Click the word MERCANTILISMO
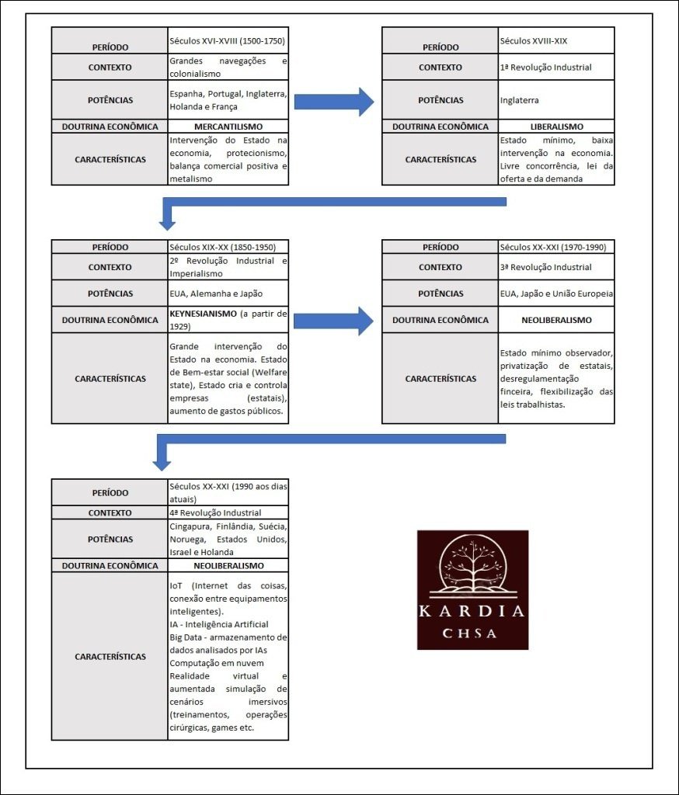click(228, 127)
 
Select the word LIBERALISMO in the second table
click(555, 127)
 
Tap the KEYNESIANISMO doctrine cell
click(228, 319)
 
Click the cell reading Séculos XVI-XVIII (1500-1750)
click(228, 40)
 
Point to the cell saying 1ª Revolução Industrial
click(555, 67)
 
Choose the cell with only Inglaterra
click(555, 100)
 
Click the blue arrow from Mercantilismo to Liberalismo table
click(333, 99)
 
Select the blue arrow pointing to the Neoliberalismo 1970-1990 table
click(333, 319)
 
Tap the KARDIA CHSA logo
click(472, 589)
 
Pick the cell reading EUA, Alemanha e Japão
click(228, 293)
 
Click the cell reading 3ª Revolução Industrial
click(555, 267)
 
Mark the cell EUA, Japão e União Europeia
click(555, 293)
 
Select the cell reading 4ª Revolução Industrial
click(228, 512)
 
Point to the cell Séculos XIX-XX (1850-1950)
click(228, 247)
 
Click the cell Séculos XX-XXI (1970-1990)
click(555, 247)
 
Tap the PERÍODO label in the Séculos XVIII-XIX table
click(440, 47)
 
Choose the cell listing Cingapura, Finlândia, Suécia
click(228, 539)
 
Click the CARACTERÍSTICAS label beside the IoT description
click(110, 657)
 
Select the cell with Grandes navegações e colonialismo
click(228, 67)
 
